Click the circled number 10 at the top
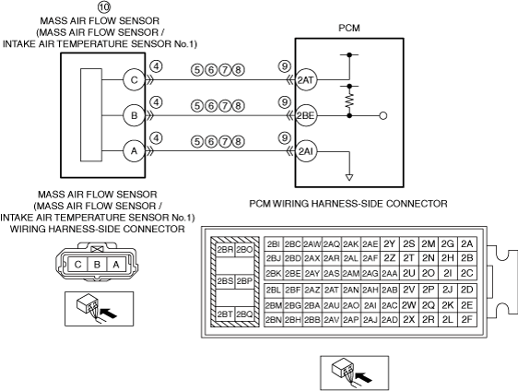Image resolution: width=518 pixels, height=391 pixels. (x=104, y=6)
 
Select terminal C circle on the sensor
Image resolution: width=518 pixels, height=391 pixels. (x=135, y=80)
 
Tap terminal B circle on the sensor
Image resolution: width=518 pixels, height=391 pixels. (x=135, y=115)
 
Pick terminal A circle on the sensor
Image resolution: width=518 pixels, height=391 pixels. (x=135, y=151)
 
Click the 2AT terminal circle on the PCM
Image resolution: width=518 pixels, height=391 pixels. (x=306, y=80)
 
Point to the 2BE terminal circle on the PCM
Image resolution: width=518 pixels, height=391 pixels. (x=306, y=115)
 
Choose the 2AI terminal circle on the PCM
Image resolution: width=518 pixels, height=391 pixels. (x=306, y=151)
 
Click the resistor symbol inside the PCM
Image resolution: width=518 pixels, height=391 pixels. (x=349, y=101)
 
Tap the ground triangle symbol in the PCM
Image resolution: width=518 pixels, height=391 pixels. (x=349, y=177)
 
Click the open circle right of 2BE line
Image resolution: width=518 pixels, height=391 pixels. (x=383, y=116)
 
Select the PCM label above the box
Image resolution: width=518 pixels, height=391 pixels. (x=349, y=28)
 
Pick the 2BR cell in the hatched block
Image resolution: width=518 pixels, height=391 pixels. (x=225, y=250)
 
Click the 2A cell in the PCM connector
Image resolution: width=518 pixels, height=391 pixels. (x=466, y=244)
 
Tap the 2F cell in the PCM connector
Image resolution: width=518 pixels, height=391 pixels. (x=466, y=320)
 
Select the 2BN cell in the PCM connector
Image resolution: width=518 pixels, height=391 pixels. (x=274, y=320)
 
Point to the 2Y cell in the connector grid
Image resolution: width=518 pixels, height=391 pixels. (x=390, y=244)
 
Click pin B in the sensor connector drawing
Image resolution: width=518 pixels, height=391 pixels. (x=97, y=265)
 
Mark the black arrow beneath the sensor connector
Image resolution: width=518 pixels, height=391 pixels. (x=109, y=313)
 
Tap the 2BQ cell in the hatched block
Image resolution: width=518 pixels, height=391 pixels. (x=244, y=314)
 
